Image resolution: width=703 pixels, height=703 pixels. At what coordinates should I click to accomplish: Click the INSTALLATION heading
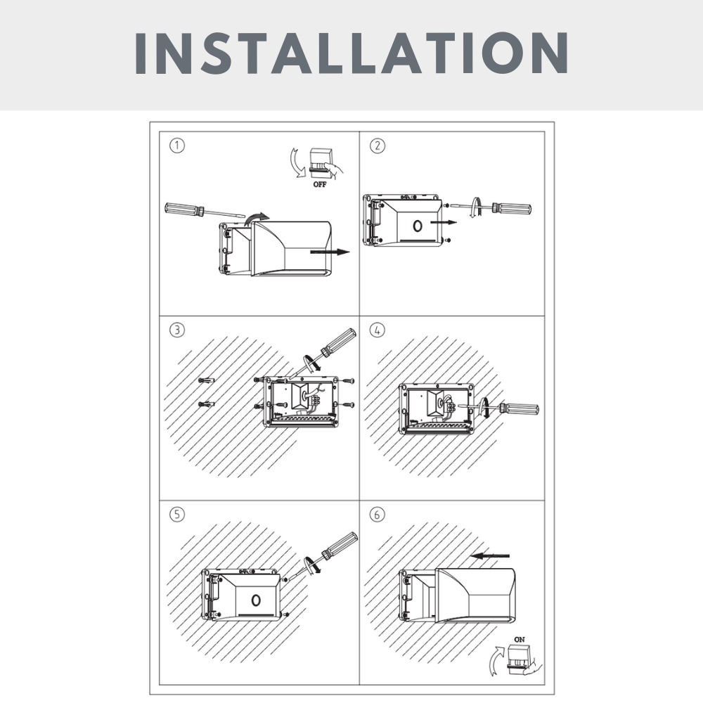(x=351, y=53)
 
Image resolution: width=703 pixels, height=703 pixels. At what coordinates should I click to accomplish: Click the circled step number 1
(x=179, y=146)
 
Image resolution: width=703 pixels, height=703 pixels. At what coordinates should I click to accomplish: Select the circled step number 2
(x=378, y=146)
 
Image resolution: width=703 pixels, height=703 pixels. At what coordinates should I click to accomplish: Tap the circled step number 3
(x=179, y=330)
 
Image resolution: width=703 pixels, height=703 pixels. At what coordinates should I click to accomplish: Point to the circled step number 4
(x=378, y=330)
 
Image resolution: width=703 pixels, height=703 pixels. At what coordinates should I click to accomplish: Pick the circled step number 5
(x=179, y=514)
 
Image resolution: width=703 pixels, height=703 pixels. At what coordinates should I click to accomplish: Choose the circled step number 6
(x=378, y=514)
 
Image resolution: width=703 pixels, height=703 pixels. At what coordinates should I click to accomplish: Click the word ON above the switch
(x=520, y=638)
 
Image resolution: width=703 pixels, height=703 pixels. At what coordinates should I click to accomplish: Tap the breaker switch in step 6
(x=520, y=659)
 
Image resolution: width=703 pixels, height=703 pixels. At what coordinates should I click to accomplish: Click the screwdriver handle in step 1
(x=184, y=208)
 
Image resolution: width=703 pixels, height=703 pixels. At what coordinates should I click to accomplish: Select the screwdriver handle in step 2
(x=511, y=208)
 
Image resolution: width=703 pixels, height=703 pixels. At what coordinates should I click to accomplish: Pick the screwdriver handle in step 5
(x=340, y=545)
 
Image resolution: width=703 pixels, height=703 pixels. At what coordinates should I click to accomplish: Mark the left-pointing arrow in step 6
(x=490, y=555)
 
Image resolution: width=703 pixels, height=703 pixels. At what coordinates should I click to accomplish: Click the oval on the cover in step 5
(x=256, y=600)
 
